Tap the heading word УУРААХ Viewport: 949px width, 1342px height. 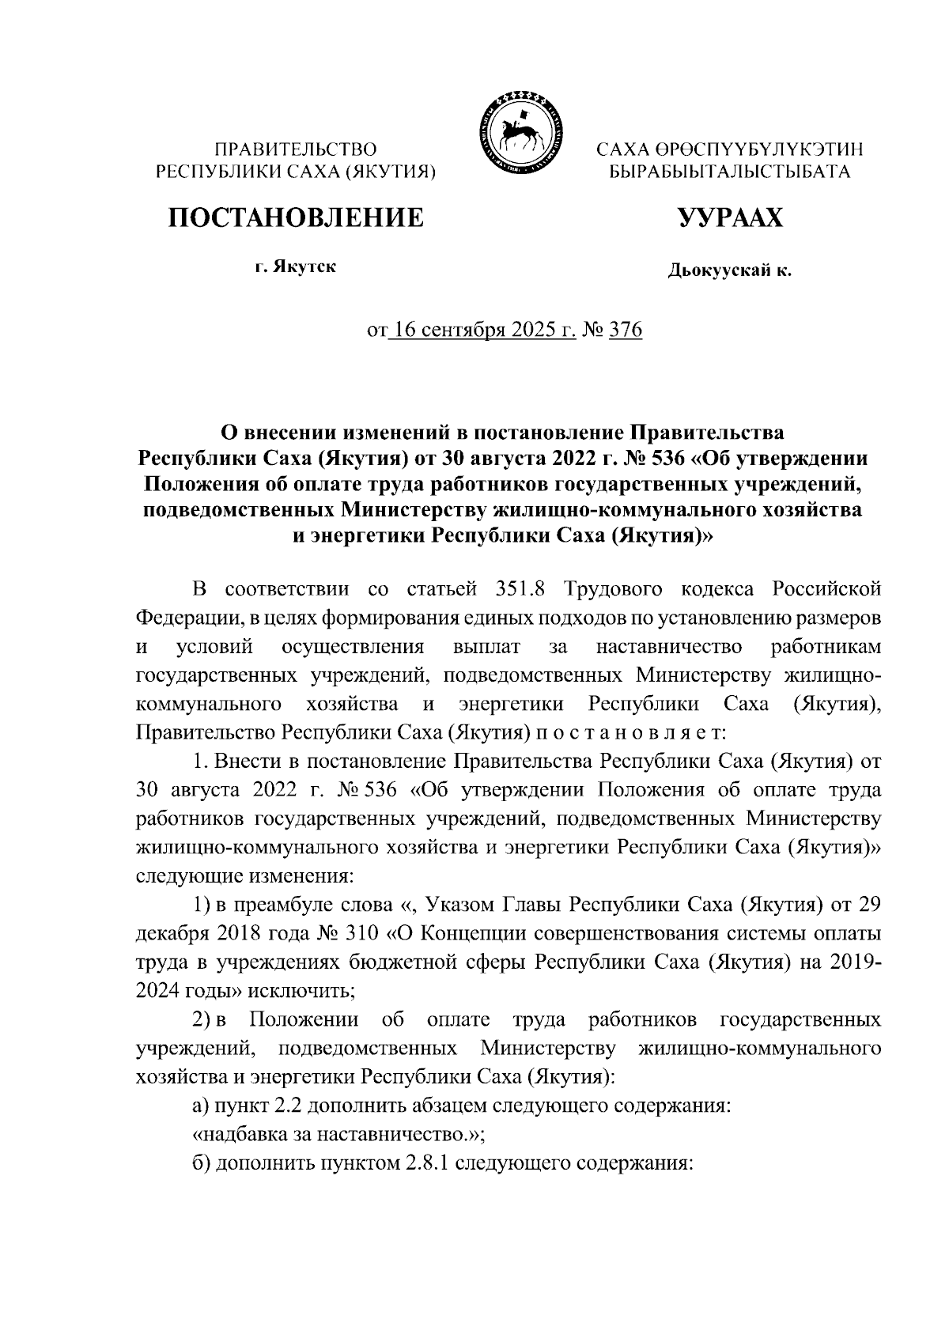tap(728, 217)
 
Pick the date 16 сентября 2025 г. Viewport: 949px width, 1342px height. tap(479, 329)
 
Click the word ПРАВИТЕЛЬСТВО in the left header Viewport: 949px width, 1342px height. tap(297, 149)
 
